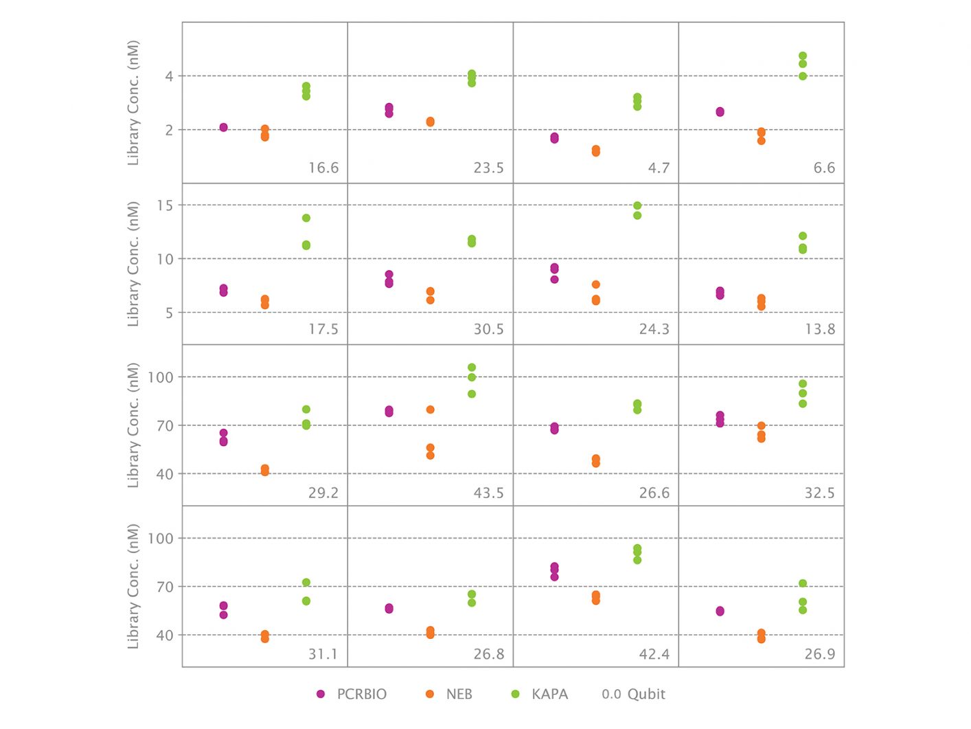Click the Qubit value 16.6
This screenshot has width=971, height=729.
pos(323,168)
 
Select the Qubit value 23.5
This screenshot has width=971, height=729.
pos(488,168)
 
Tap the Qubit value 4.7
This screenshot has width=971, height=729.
pos(659,168)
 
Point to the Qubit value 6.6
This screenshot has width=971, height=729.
pos(824,168)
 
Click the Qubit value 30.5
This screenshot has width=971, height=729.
pos(488,330)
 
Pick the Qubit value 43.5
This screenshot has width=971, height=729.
pos(488,493)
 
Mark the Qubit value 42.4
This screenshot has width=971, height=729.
pos(654,654)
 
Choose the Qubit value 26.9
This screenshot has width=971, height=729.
pos(820,654)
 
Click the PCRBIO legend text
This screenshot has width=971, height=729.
pos(361,695)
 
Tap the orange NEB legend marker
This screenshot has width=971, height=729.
pos(430,695)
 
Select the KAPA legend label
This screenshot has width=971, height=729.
pos(549,695)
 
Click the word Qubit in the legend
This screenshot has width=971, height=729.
pos(646,695)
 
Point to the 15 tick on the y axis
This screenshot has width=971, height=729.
pos(165,205)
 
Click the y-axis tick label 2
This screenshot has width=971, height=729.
pos(169,130)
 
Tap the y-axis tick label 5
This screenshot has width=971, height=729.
pos(169,313)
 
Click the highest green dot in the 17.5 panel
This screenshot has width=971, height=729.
pos(306,218)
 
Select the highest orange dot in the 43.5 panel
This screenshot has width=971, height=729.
pos(431,410)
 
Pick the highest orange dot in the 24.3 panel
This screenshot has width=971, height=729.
pos(596,284)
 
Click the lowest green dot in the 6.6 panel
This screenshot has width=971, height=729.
pos(803,76)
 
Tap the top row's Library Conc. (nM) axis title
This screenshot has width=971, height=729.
pos(133,103)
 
